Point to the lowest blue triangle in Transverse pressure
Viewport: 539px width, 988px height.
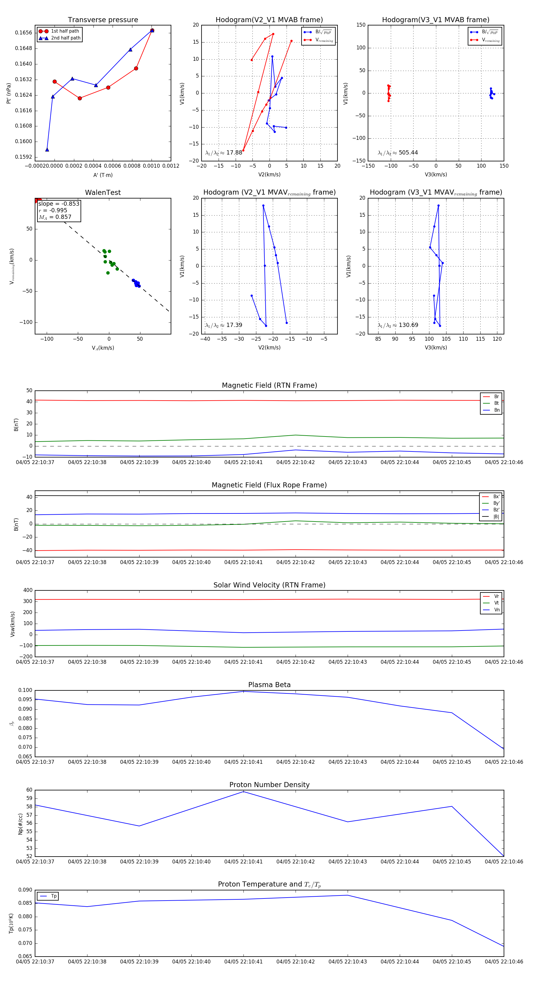(47, 150)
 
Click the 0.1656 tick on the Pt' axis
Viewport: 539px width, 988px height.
(23, 33)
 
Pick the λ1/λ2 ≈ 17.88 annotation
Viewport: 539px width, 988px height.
(224, 153)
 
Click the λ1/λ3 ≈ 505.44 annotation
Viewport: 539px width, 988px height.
(398, 153)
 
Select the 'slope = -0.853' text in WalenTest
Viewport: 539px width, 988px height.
(59, 204)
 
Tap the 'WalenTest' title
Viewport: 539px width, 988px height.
(103, 193)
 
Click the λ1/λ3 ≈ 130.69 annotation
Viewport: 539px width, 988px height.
(398, 325)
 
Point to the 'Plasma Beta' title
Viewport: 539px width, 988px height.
(269, 685)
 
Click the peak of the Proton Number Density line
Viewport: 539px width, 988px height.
(243, 792)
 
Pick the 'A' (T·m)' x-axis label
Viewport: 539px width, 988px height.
(103, 175)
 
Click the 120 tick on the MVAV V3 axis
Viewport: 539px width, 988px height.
(497, 339)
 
